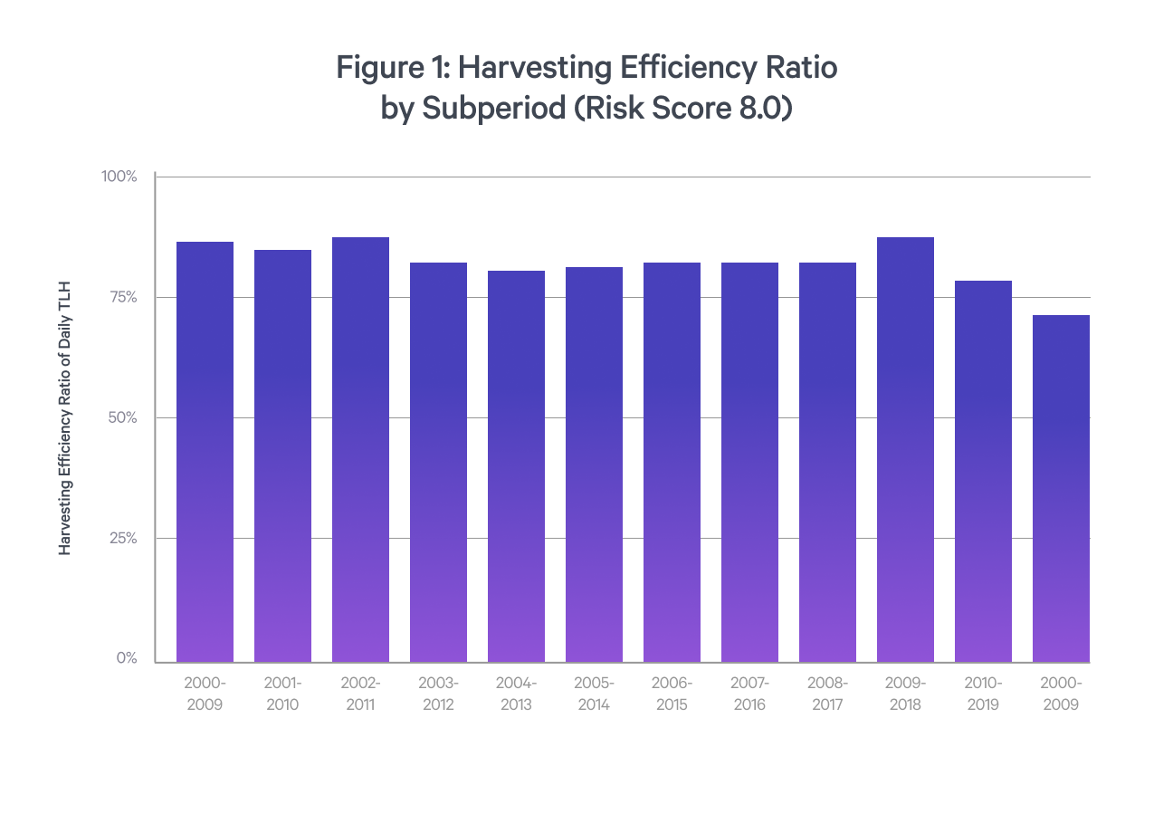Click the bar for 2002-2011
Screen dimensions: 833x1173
[x=360, y=450]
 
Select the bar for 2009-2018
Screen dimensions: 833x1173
[x=905, y=450]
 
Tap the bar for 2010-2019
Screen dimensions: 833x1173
[x=983, y=472]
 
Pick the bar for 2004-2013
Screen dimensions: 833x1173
[x=516, y=466]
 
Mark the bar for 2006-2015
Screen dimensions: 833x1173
[x=672, y=463]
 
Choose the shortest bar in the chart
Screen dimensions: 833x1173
[x=1061, y=489]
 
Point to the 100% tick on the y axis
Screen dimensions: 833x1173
[x=119, y=177]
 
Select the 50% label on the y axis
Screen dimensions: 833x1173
[x=121, y=417]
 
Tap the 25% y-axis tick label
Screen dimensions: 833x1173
[x=121, y=538]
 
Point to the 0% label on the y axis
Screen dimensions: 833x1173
[x=127, y=658]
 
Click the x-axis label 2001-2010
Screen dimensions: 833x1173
[x=282, y=694]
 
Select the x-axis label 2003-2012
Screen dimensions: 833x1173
[x=438, y=694]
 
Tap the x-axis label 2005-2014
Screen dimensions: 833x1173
[x=594, y=694]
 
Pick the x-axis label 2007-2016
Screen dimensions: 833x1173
[x=749, y=694]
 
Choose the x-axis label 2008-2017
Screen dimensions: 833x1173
[x=827, y=694]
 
